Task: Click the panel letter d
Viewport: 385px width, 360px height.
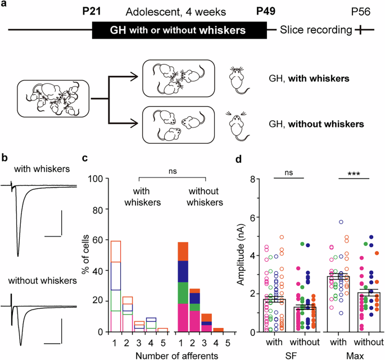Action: click(238, 159)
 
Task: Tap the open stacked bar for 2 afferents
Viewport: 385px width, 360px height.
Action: click(127, 314)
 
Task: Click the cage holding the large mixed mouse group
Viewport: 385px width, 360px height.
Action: click(47, 100)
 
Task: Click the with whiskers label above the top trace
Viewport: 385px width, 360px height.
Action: click(37, 168)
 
